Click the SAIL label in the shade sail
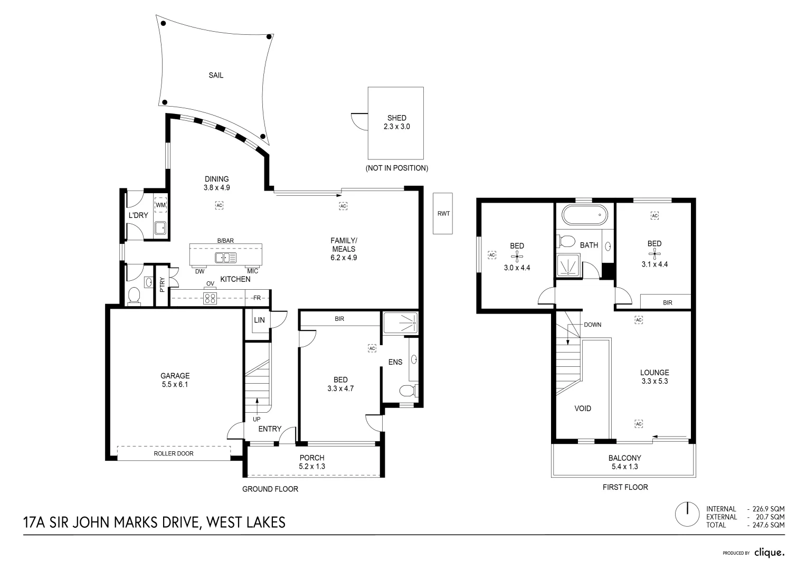coord(216,75)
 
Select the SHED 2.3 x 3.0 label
coord(396,122)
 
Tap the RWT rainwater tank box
coord(443,213)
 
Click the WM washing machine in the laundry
coord(160,205)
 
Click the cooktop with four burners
coord(210,298)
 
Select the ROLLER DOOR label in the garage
coord(173,453)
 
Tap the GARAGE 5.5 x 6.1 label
coord(175,380)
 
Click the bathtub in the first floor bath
coord(584,215)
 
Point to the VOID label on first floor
coord(583,408)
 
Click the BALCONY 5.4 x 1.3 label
coord(624,462)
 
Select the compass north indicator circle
coord(688,513)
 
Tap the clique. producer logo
coord(769,553)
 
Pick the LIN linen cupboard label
coord(259,320)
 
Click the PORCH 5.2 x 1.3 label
coord(312,462)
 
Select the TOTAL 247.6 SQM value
coord(766,525)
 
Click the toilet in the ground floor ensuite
coord(407,391)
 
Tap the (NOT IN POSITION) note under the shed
coord(396,168)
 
